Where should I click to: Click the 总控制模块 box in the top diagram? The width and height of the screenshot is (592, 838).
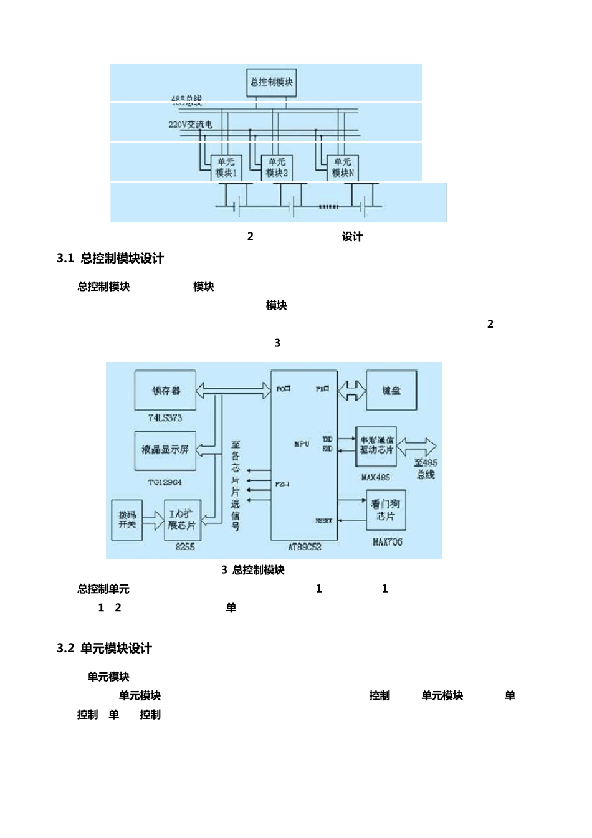point(271,82)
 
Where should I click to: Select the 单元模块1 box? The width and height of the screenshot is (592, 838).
point(226,168)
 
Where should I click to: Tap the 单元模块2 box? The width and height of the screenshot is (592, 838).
point(277,168)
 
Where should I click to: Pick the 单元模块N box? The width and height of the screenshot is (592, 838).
point(343,168)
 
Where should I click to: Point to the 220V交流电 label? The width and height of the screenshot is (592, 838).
point(190,125)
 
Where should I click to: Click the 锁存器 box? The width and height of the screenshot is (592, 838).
point(165,391)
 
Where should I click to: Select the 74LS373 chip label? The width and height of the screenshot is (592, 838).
point(165,418)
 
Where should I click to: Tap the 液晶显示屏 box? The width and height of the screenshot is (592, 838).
point(165,450)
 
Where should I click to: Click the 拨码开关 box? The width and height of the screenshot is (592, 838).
point(127,520)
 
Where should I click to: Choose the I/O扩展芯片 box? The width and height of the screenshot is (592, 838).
point(182,520)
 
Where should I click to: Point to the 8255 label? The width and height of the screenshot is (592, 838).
point(185,546)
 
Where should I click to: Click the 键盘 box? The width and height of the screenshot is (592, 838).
point(391,391)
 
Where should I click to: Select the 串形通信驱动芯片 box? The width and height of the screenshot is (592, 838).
point(376,445)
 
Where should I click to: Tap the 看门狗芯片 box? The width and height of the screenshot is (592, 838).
point(385,510)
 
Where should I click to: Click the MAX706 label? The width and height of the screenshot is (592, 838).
point(387,542)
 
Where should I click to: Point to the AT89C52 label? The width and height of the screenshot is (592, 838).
point(305,546)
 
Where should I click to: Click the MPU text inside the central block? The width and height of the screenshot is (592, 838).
point(302,444)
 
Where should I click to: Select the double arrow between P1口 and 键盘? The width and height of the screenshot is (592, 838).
point(352,391)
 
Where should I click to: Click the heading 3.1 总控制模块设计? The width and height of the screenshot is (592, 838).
point(110,259)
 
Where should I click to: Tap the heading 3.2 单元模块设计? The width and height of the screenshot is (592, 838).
point(104,649)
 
